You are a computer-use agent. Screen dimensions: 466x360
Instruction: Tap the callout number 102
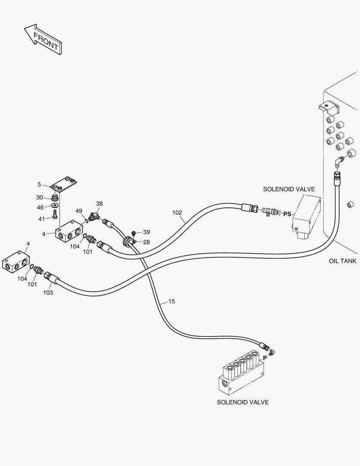177,213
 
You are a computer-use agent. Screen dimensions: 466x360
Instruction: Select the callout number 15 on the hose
171,301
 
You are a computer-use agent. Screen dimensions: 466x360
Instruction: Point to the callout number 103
48,293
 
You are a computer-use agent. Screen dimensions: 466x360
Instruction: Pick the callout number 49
79,211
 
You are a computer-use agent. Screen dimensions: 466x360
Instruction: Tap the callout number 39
147,232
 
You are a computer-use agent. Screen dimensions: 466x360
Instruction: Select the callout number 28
147,242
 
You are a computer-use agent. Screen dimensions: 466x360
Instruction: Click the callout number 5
39,184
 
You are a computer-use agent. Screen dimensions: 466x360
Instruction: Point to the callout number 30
40,198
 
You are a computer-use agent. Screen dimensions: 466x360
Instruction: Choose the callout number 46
40,208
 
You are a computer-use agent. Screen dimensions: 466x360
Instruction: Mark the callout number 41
41,219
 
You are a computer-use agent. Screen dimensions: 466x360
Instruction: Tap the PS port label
287,214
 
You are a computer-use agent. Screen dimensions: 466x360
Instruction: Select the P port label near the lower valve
265,357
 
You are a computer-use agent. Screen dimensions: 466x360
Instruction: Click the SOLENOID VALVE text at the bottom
242,402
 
